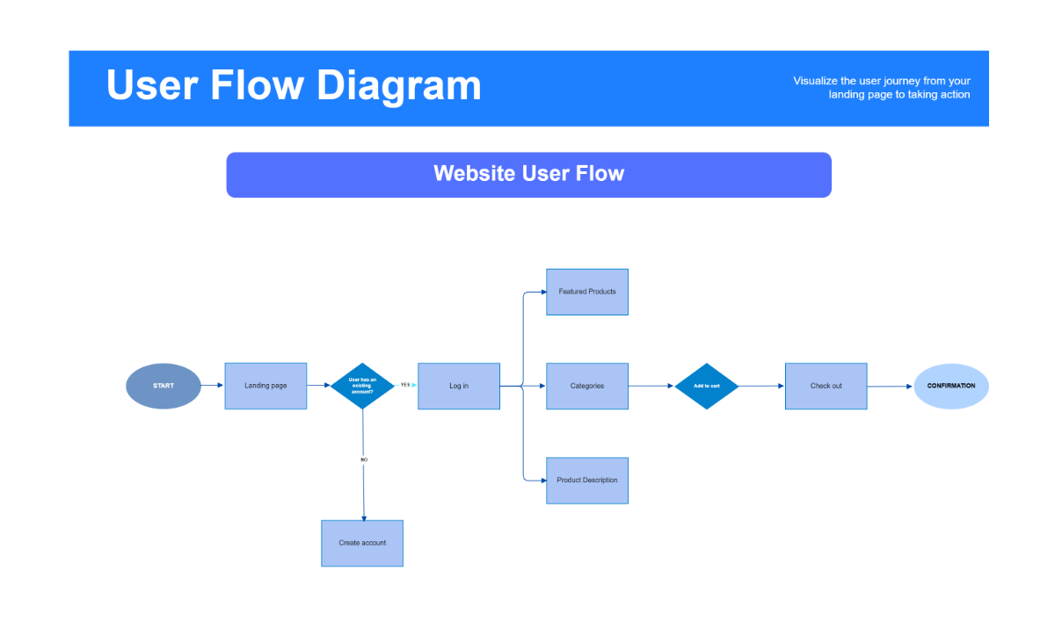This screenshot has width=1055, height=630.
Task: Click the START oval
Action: [163, 386]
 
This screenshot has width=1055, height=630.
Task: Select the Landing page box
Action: [266, 386]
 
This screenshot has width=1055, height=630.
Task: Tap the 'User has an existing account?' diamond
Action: [362, 386]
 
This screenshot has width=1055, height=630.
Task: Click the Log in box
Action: [459, 386]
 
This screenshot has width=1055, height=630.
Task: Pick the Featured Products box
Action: [587, 292]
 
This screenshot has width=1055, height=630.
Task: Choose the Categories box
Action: [587, 386]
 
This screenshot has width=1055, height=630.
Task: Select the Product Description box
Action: [587, 481]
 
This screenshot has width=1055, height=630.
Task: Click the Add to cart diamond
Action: [707, 386]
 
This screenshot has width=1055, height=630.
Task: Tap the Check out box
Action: [826, 386]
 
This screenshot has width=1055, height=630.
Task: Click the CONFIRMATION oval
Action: [951, 386]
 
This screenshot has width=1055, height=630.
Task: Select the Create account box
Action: [362, 543]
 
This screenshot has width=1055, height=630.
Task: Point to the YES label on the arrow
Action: [405, 385]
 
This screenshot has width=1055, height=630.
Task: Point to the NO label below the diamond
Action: [364, 460]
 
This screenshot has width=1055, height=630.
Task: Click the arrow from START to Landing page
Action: [212, 386]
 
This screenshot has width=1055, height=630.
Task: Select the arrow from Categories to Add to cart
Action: [651, 386]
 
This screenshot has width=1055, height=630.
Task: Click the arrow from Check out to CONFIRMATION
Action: [890, 387]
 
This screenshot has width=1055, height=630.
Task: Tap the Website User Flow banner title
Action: [528, 174]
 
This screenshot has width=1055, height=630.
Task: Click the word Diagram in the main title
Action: [399, 86]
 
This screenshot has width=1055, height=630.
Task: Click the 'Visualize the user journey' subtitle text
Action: [882, 88]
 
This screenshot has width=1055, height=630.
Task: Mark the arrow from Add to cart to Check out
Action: [761, 386]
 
